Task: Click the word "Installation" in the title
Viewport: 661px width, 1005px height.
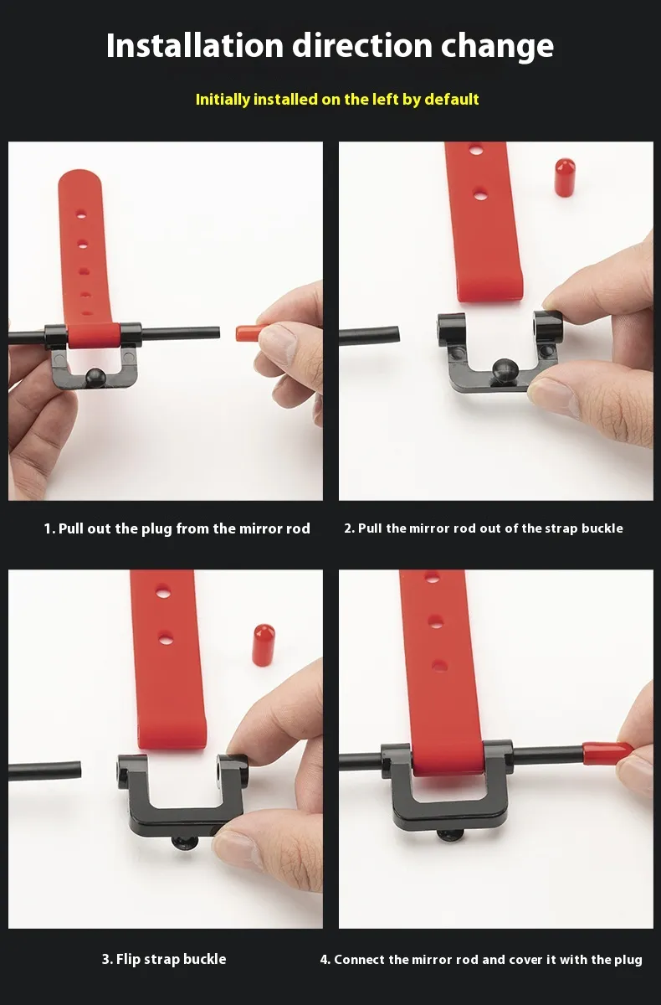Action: [195, 45]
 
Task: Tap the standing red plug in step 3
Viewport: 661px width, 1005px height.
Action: [264, 644]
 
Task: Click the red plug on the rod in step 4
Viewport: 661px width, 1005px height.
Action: [607, 754]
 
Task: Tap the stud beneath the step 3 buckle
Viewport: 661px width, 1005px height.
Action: [185, 843]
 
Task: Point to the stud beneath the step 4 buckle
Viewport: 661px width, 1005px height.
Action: [449, 836]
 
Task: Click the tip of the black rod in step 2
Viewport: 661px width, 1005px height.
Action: [398, 336]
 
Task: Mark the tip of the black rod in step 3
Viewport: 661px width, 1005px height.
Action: [80, 770]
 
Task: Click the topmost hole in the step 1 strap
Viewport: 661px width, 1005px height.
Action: [80, 215]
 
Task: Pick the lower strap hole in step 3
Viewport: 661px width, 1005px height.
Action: [166, 637]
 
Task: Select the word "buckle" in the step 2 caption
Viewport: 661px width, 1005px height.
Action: [602, 528]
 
